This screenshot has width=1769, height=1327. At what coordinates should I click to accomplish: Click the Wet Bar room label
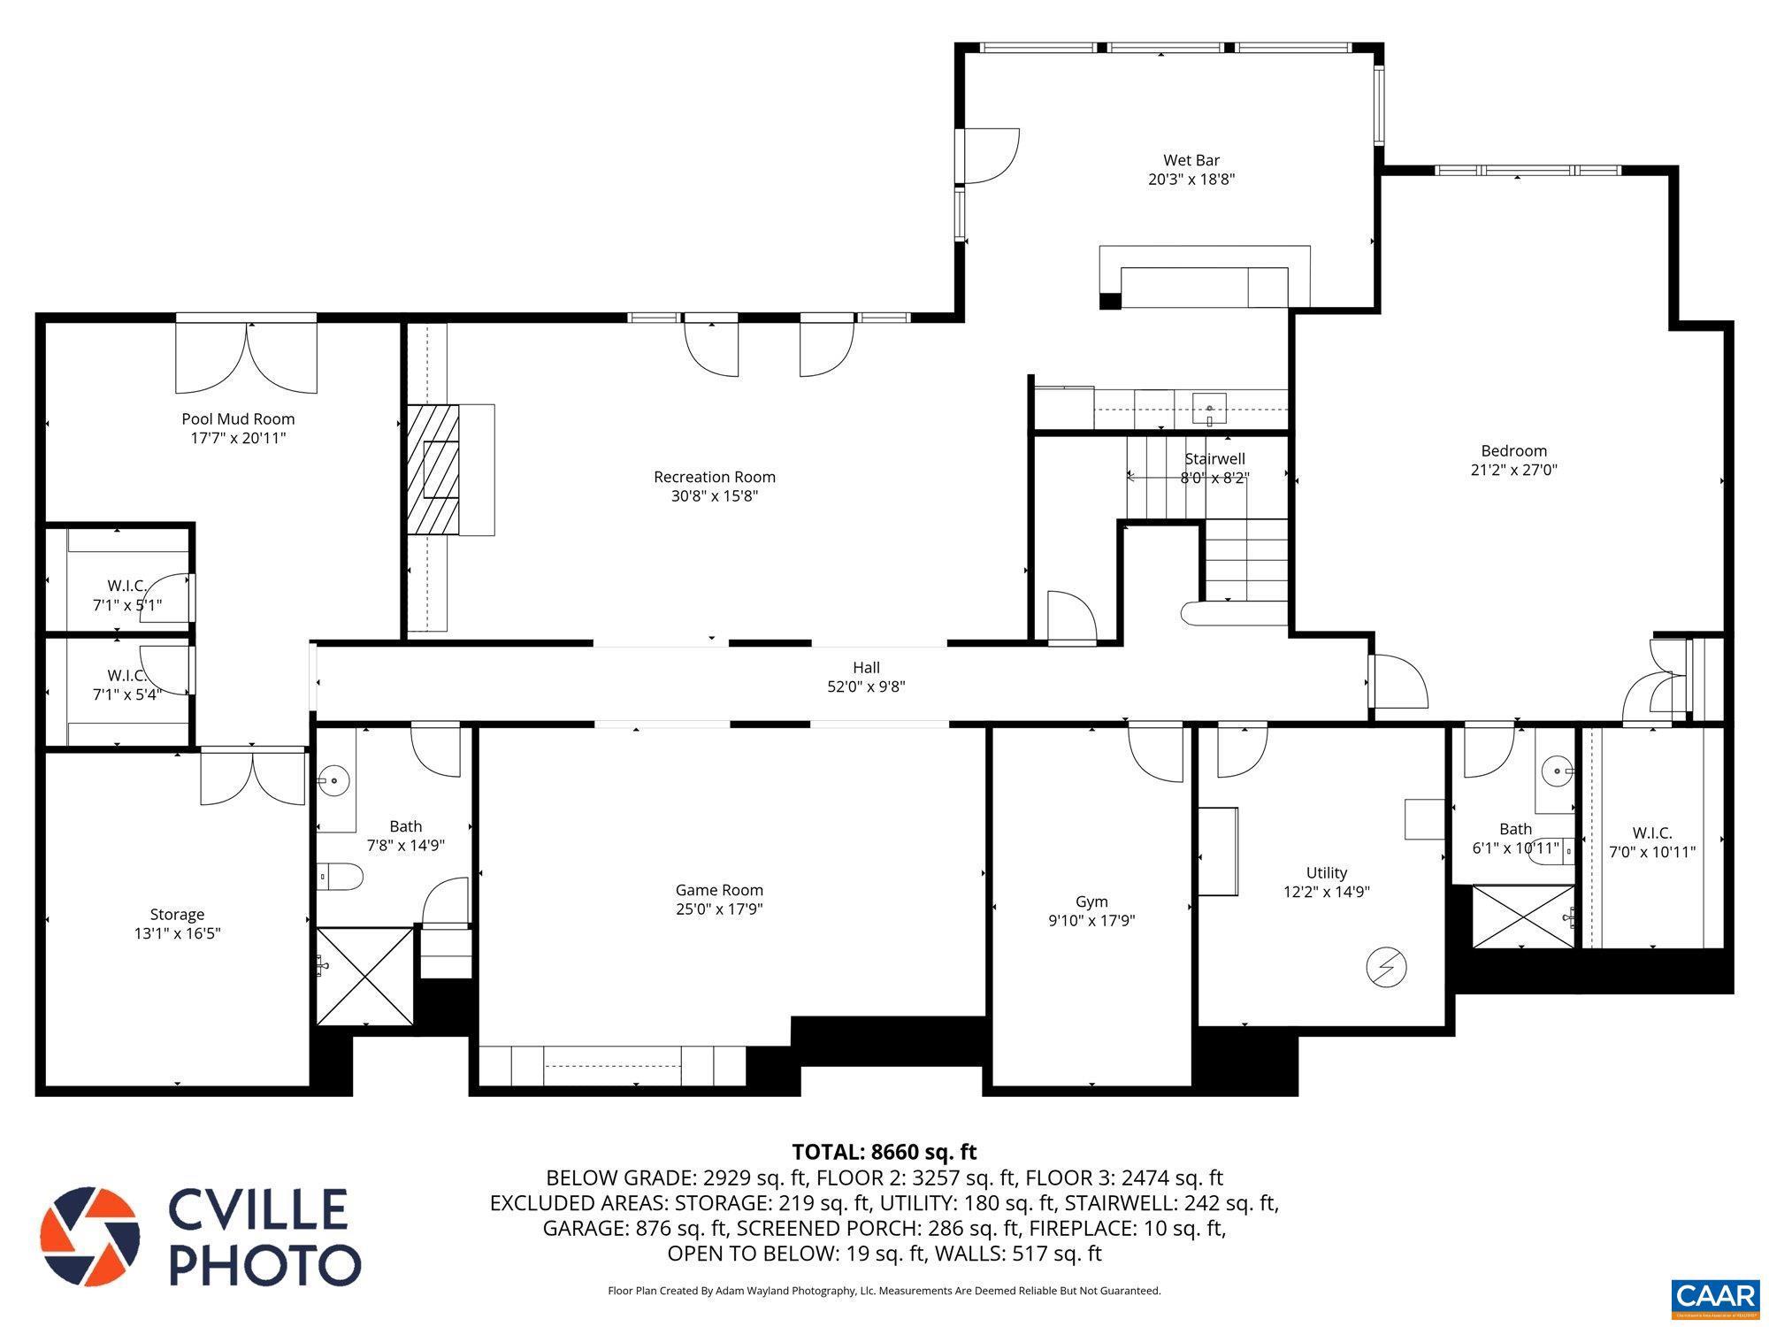pos(1191,160)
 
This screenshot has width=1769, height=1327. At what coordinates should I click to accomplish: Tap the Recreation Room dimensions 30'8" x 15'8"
pos(714,496)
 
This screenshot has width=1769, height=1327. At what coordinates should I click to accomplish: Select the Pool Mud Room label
pos(238,419)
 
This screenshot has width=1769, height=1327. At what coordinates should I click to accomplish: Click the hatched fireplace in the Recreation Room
pos(434,469)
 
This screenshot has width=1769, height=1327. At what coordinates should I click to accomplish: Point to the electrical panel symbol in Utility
pos(1386,967)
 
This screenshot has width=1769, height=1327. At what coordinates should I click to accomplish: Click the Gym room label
pos(1091,901)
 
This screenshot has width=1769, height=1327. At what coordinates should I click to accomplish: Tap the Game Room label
pos(718,890)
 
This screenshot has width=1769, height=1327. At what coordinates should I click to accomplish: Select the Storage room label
pos(177,914)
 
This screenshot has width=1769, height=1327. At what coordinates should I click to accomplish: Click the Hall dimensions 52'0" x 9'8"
pos(866,687)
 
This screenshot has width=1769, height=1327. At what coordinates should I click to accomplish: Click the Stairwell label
pos(1214,458)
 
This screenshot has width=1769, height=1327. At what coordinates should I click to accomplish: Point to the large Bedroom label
pos(1513,450)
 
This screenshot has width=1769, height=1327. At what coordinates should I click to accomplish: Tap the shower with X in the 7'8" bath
pos(364,976)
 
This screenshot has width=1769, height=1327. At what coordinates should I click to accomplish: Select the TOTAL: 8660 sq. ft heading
pos(884,1152)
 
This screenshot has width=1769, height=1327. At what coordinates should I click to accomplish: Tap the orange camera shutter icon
pos(89,1236)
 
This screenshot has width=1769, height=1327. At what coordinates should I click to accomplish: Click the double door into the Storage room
pos(253,777)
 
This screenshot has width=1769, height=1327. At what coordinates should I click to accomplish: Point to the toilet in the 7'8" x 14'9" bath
pos(341,877)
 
